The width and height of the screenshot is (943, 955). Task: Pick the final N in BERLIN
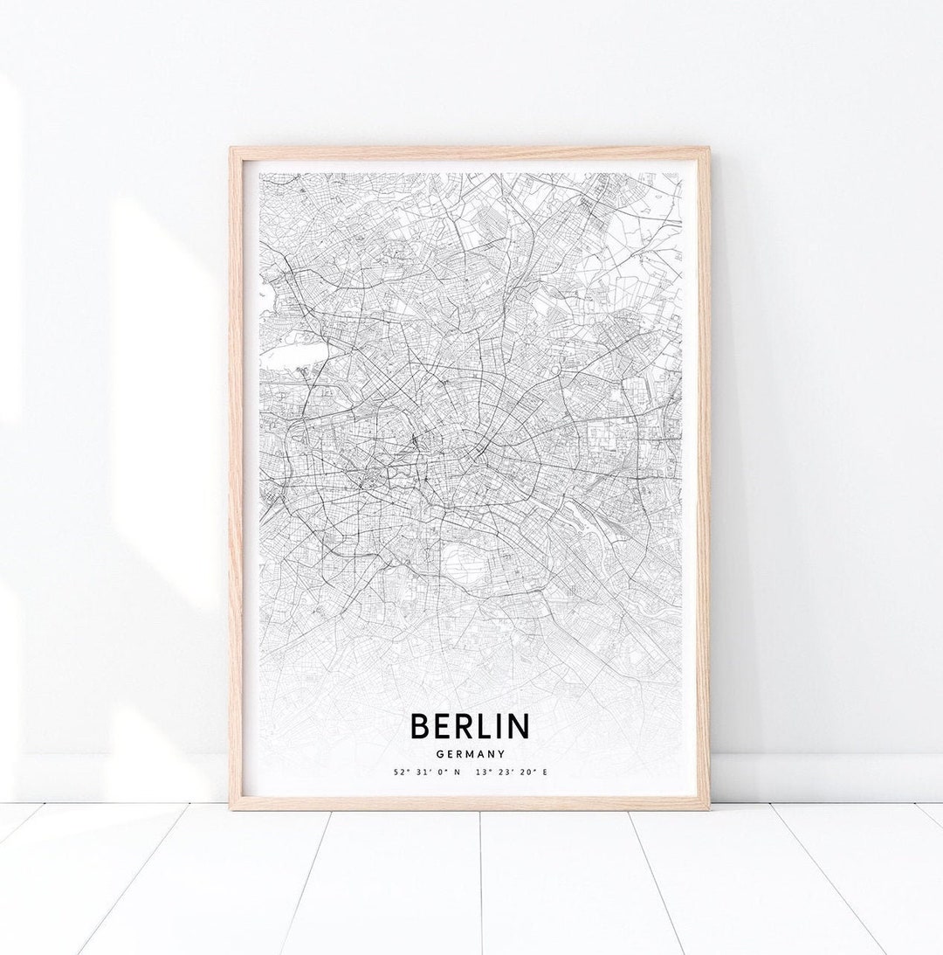point(518,726)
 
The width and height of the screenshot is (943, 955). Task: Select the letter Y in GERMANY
point(502,753)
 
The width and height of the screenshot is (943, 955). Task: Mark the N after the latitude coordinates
point(457,772)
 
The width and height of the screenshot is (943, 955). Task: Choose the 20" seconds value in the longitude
point(523,772)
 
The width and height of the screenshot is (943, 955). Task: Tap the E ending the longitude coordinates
point(544,772)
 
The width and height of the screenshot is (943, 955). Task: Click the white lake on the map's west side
point(293,355)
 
